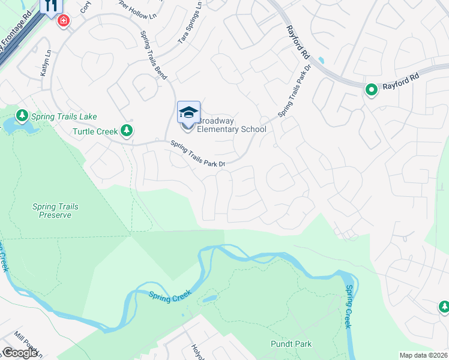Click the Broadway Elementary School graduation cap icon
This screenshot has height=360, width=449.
pos(188,112)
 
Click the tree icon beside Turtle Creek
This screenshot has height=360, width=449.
pos(126,130)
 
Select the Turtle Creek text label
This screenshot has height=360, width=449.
pos(95,131)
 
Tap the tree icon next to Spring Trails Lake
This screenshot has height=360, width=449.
pos(22,115)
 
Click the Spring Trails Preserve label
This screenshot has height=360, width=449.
pos(55,211)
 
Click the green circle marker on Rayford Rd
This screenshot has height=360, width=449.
pos(372,90)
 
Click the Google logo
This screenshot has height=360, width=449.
pos(19,353)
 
